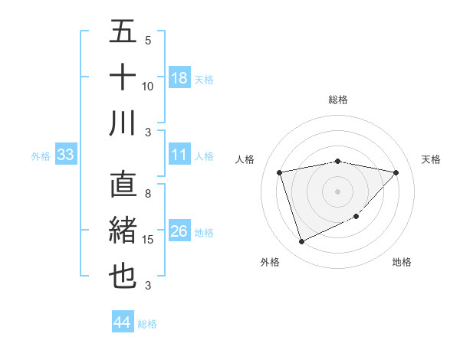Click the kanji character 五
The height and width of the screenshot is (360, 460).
(123, 32)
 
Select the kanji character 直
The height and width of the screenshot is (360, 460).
(123, 186)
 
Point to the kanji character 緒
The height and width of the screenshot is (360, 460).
(123, 231)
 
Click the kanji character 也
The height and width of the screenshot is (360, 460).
(123, 277)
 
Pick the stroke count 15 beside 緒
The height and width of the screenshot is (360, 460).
(148, 240)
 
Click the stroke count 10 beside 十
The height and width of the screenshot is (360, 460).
(148, 86)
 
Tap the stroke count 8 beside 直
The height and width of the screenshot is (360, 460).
(148, 195)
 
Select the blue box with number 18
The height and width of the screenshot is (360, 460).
(179, 78)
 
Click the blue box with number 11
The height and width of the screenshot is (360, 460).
(179, 155)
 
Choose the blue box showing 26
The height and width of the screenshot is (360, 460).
(179, 231)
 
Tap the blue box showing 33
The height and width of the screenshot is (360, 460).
(65, 155)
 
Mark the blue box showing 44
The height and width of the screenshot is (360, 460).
(122, 322)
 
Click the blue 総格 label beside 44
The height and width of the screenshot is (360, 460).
(147, 324)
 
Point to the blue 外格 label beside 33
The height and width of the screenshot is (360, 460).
(41, 156)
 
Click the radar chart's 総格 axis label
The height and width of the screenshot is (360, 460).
(337, 100)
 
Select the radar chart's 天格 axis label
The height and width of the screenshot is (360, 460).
(431, 159)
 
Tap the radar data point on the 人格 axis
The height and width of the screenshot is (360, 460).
(280, 172)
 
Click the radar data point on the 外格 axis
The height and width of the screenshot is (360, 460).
(301, 242)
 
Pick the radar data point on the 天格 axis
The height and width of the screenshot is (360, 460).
(396, 172)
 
